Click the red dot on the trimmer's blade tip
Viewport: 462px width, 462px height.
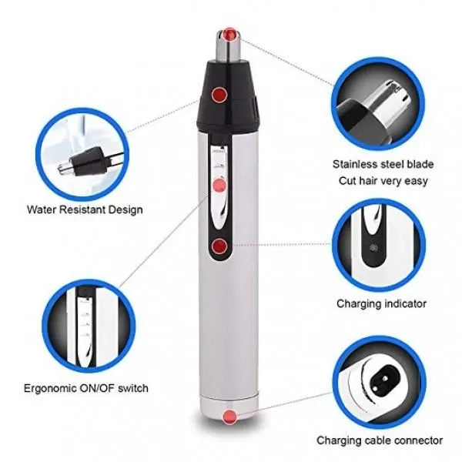229,35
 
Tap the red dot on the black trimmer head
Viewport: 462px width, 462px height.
219,95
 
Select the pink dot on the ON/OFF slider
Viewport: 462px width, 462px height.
219,186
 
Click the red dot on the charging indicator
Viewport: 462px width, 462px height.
219,246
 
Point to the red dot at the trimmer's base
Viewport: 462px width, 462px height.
229,417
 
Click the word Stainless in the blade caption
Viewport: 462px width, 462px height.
356,164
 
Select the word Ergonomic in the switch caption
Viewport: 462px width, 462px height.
49,388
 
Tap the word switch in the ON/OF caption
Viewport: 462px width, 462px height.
133,388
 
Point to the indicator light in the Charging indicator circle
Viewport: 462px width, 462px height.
373,248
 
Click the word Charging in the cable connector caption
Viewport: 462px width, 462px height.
339,440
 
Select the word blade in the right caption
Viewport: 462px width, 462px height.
420,164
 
